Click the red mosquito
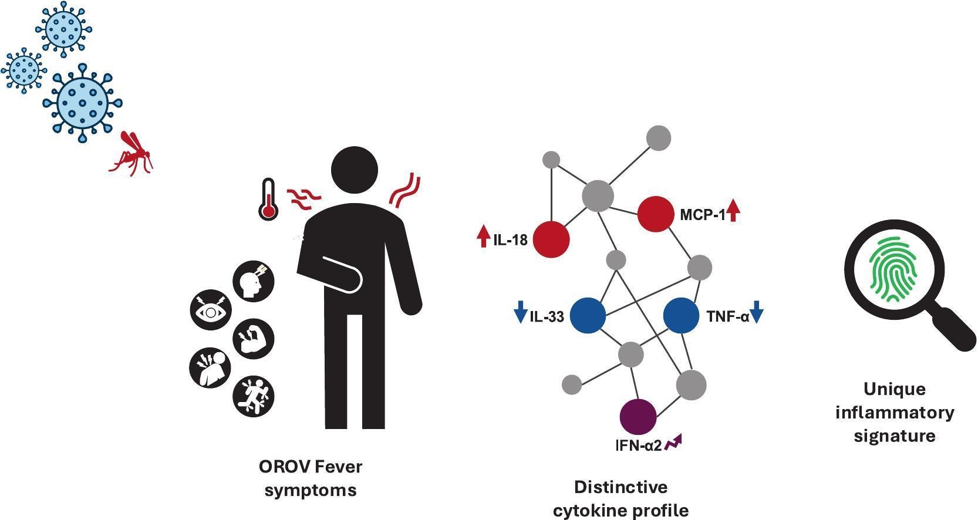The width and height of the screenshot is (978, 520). [x=132, y=154]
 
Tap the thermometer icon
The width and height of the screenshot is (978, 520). [x=268, y=200]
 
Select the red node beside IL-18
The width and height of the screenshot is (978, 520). [x=551, y=239]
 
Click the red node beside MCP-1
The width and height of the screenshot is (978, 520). [x=656, y=214]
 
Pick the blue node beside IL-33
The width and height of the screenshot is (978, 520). [x=588, y=316]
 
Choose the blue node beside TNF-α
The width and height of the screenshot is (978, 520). [x=681, y=316]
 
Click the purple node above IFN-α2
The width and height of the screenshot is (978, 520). [x=638, y=417]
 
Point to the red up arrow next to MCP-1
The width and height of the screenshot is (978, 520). [x=733, y=211]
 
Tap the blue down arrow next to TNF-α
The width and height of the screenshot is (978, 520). [x=757, y=312]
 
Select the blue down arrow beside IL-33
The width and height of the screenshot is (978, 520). [x=520, y=312]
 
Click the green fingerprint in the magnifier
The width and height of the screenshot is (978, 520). [x=893, y=269]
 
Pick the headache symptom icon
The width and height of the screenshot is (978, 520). [x=254, y=281]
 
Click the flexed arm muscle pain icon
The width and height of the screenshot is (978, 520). [x=254, y=339]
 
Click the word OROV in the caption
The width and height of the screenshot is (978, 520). [x=284, y=467]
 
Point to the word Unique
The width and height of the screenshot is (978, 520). [x=894, y=389]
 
